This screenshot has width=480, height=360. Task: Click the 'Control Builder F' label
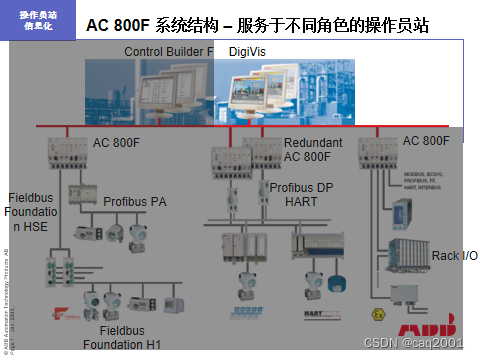(x=168, y=51)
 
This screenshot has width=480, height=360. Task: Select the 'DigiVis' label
(x=248, y=51)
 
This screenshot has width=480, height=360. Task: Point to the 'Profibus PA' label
(x=136, y=201)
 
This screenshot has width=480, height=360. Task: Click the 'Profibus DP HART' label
(x=303, y=194)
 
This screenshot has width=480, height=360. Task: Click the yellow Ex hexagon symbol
(x=377, y=312)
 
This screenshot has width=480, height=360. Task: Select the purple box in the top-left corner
(x=37, y=19)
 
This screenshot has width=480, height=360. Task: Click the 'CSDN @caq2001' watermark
(x=419, y=343)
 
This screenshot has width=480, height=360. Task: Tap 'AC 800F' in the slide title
(x=119, y=23)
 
